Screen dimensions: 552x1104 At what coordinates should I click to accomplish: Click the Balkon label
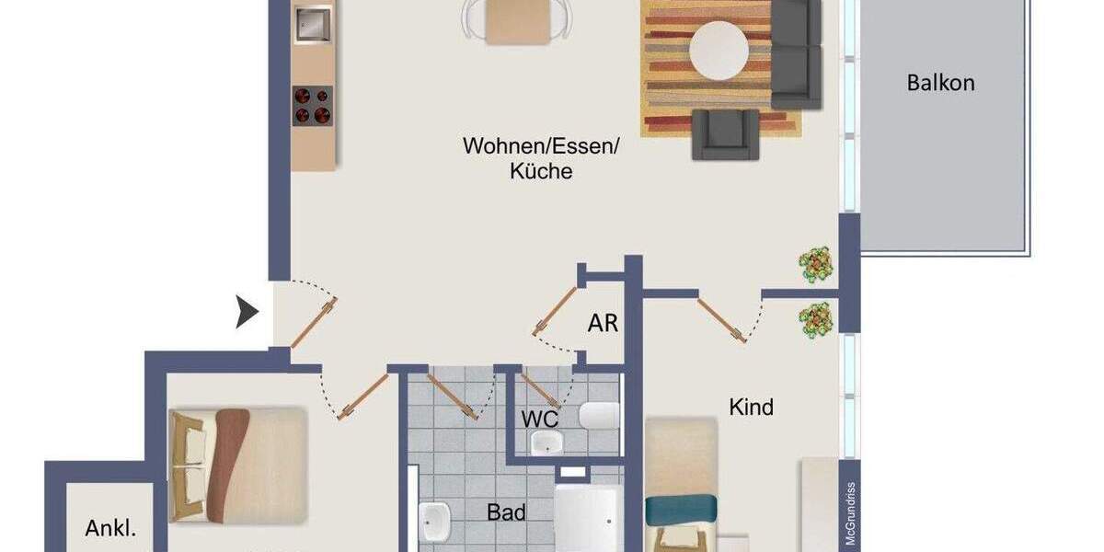[x=940, y=83]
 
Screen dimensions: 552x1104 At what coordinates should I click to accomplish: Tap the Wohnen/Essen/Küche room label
[x=542, y=158]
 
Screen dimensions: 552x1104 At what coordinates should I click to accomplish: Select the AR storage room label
[x=603, y=324]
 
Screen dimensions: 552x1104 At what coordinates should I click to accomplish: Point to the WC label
[x=540, y=419]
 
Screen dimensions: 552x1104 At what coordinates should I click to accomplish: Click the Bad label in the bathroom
[x=506, y=512]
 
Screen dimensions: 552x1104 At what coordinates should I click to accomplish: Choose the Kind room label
[x=751, y=407]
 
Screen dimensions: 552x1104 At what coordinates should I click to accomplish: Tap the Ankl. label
[x=110, y=528]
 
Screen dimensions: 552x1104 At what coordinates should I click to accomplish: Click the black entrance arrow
[x=247, y=313]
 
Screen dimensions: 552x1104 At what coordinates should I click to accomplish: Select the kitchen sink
[x=313, y=25]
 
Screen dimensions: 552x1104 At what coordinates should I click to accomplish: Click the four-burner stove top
[x=313, y=105]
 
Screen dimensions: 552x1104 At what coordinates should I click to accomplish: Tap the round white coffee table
[x=719, y=51]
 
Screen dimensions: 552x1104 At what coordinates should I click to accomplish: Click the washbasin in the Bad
[x=433, y=523]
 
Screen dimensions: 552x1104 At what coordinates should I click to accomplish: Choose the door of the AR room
[x=557, y=313]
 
